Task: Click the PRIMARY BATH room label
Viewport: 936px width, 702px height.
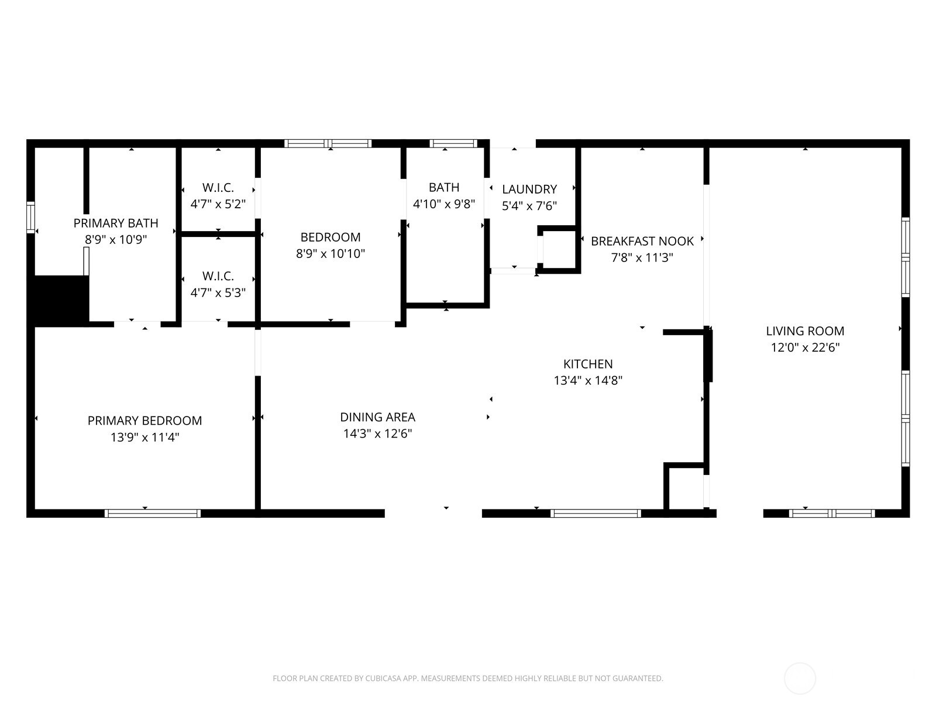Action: coord(116,223)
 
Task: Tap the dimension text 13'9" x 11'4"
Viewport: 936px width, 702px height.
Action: coord(144,437)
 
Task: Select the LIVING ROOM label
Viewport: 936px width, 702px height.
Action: coord(805,331)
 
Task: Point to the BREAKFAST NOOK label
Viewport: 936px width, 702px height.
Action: coord(642,241)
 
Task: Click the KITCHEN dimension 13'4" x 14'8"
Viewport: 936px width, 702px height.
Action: coord(588,380)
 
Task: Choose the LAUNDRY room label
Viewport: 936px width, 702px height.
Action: coord(529,189)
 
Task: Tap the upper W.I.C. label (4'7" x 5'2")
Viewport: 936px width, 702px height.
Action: coord(218,188)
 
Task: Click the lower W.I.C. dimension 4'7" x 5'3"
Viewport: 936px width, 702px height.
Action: coord(218,292)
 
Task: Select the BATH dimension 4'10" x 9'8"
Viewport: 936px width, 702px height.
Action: coord(444,204)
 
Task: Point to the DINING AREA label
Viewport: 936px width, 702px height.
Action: coord(377,417)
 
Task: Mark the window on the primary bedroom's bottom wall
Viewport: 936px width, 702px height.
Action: coord(153,513)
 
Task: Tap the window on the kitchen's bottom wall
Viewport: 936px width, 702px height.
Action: coord(596,513)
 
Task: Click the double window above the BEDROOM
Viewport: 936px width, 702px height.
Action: coord(328,143)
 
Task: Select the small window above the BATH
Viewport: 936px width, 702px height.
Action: coord(453,143)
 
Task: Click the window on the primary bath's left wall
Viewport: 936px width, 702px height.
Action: coord(30,218)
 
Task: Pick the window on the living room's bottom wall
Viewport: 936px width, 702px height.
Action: coord(831,513)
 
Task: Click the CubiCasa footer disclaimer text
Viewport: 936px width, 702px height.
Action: coord(467,679)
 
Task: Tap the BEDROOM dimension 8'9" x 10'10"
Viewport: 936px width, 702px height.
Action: coord(331,253)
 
